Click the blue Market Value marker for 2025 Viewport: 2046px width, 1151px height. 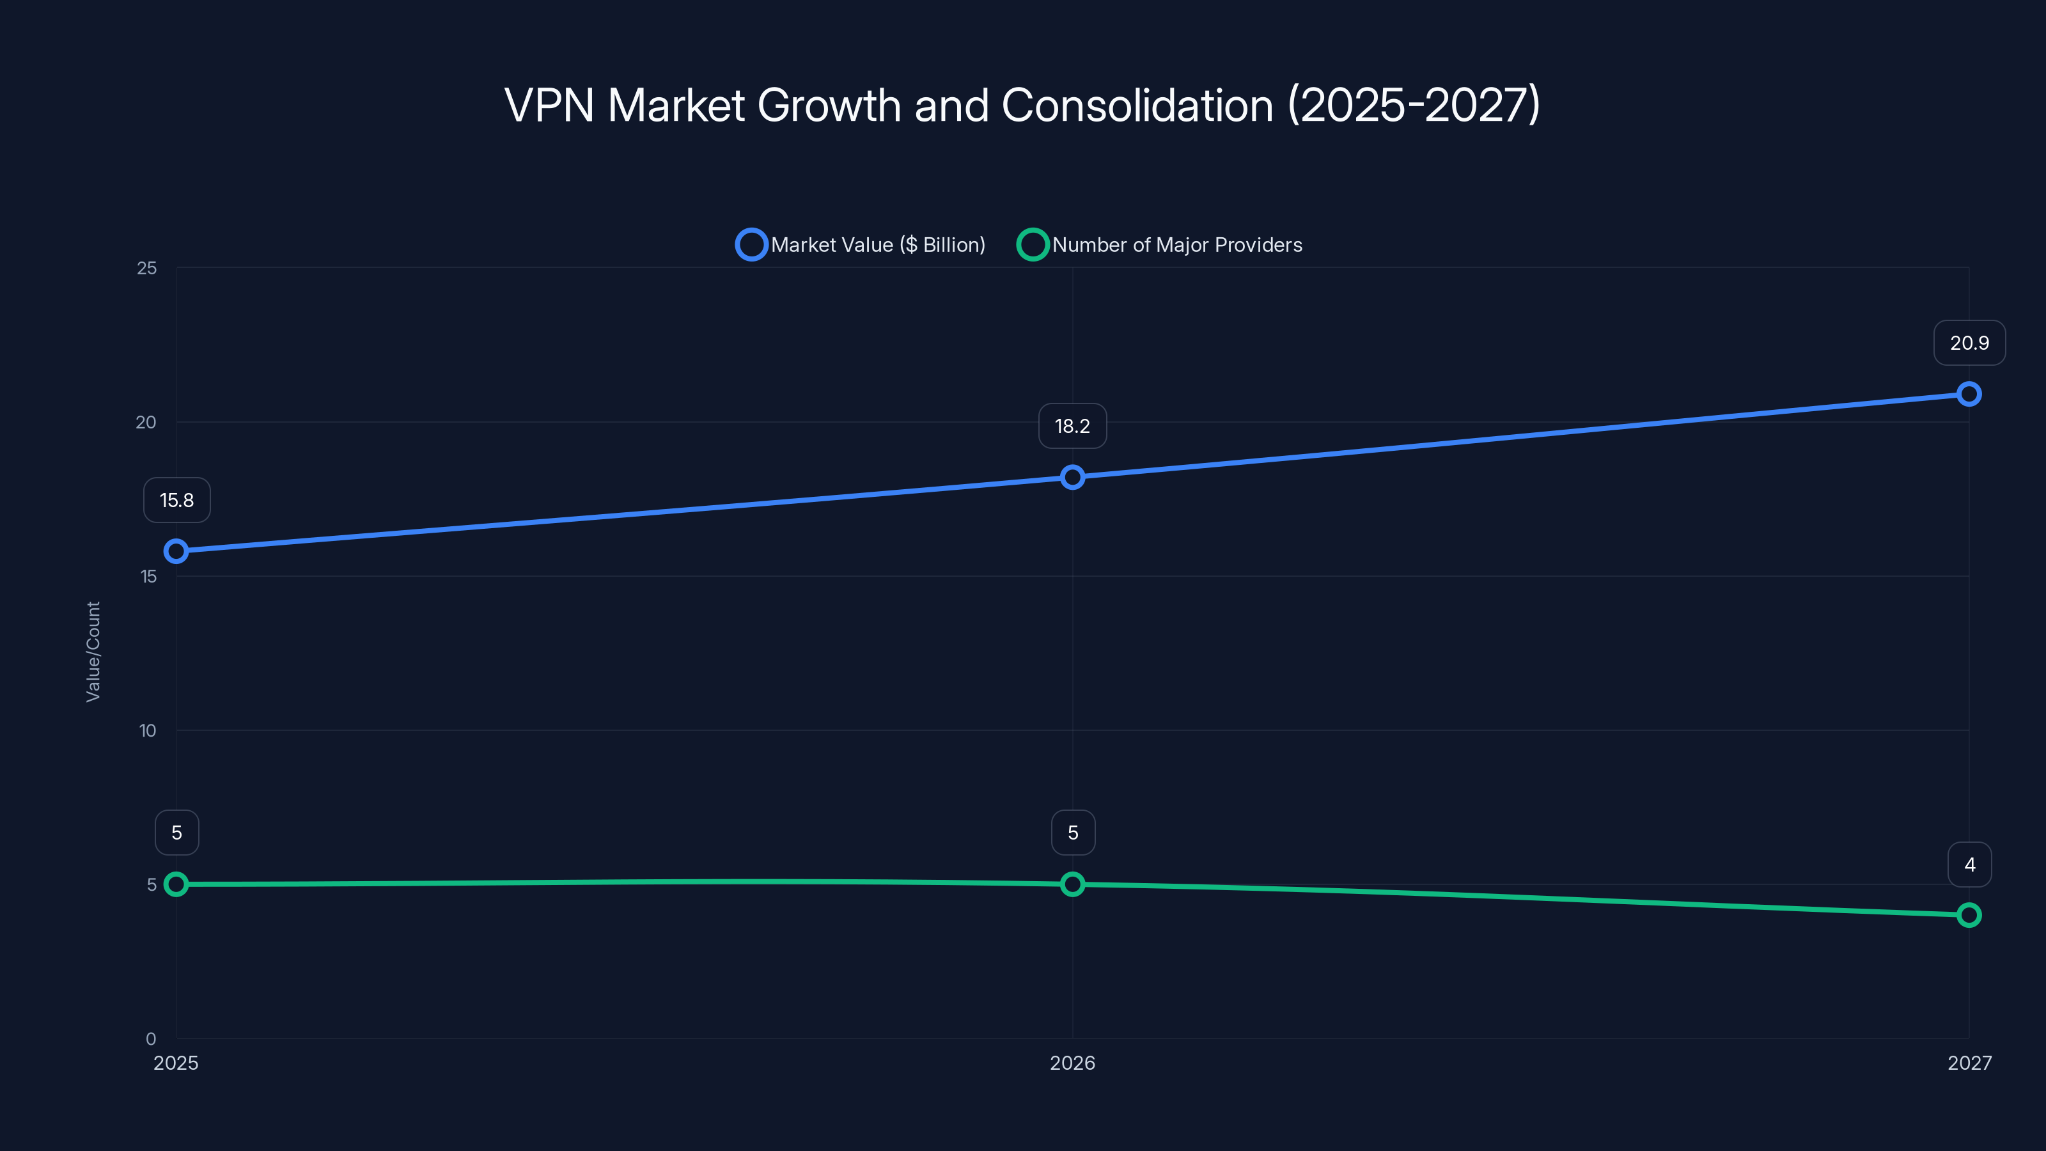pyautogui.click(x=176, y=551)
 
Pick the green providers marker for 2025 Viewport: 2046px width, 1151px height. pyautogui.click(x=176, y=884)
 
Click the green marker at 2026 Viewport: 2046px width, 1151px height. pyautogui.click(x=1072, y=884)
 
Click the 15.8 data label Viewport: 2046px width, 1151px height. pyautogui.click(x=176, y=501)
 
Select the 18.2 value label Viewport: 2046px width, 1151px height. pyautogui.click(x=1072, y=426)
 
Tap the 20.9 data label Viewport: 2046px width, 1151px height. pyautogui.click(x=1969, y=343)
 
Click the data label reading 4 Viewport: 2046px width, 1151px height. pyautogui.click(x=1969, y=865)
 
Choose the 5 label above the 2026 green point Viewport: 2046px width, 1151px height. pyautogui.click(x=1072, y=833)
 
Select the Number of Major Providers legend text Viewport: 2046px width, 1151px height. pyautogui.click(x=1176, y=245)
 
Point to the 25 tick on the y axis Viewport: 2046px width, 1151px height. pyautogui.click(x=147, y=269)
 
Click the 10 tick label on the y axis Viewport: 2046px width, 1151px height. pyautogui.click(x=148, y=731)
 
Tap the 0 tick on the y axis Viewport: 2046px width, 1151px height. pyautogui.click(x=151, y=1039)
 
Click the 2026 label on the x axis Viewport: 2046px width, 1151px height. pyautogui.click(x=1072, y=1063)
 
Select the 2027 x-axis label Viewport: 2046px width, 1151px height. pyautogui.click(x=1969, y=1063)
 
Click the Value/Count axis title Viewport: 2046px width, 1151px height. pyautogui.click(x=93, y=652)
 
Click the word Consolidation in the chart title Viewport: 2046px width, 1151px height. pyautogui.click(x=1137, y=105)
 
